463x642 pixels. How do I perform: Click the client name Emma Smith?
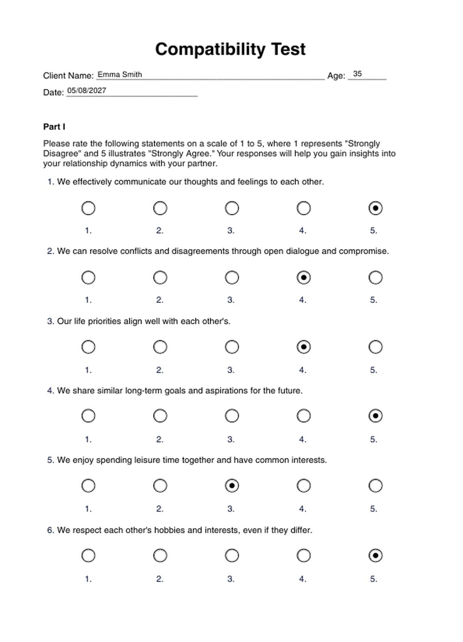[120, 74]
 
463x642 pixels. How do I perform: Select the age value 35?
[357, 74]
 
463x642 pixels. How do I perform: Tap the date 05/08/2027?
[87, 91]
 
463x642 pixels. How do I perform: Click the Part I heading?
[54, 127]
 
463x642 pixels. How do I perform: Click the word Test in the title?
[288, 49]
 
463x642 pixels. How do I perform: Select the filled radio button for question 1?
[375, 208]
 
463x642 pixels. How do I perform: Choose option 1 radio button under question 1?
[88, 208]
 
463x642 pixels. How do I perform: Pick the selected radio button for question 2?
[304, 278]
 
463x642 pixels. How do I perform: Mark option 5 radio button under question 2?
[375, 278]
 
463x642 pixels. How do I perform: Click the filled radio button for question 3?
[304, 347]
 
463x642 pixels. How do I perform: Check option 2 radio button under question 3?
[160, 347]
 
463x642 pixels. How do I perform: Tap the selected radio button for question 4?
[375, 416]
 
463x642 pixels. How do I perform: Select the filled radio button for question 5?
[232, 486]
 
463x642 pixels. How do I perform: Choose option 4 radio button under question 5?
[304, 486]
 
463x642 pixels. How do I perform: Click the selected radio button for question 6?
[375, 556]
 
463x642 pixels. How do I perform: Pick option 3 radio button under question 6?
[232, 556]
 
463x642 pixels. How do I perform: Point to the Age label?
[336, 76]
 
